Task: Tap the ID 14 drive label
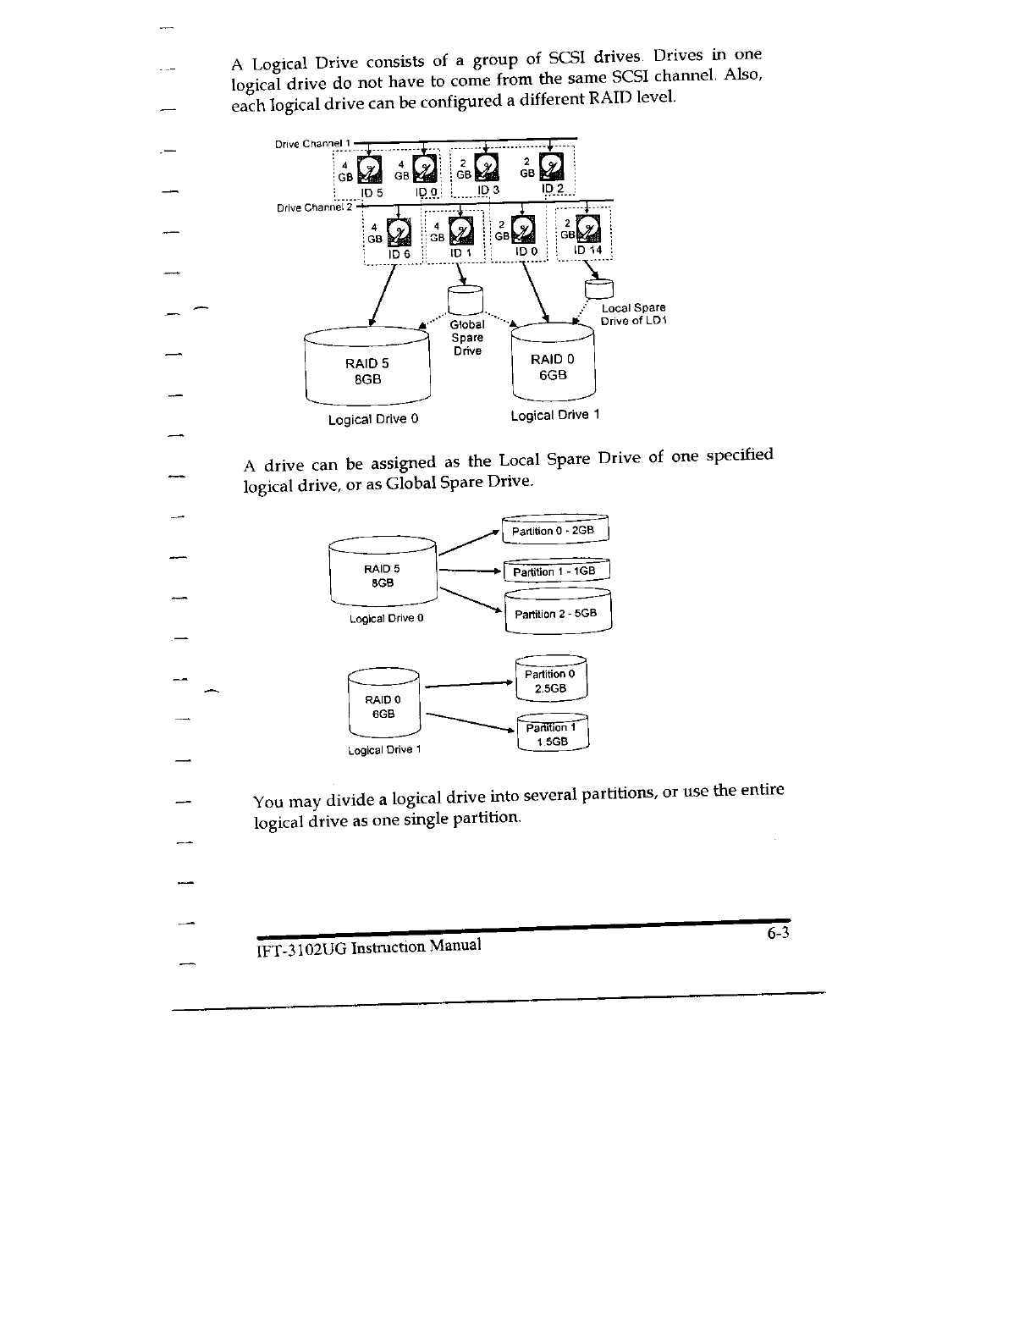587,250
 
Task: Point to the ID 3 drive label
489,190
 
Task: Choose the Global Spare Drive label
466,337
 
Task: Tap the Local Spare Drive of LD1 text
633,314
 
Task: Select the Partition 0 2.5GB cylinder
550,682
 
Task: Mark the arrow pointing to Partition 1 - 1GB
471,571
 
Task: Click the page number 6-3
779,935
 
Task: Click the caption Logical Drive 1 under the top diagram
555,415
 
